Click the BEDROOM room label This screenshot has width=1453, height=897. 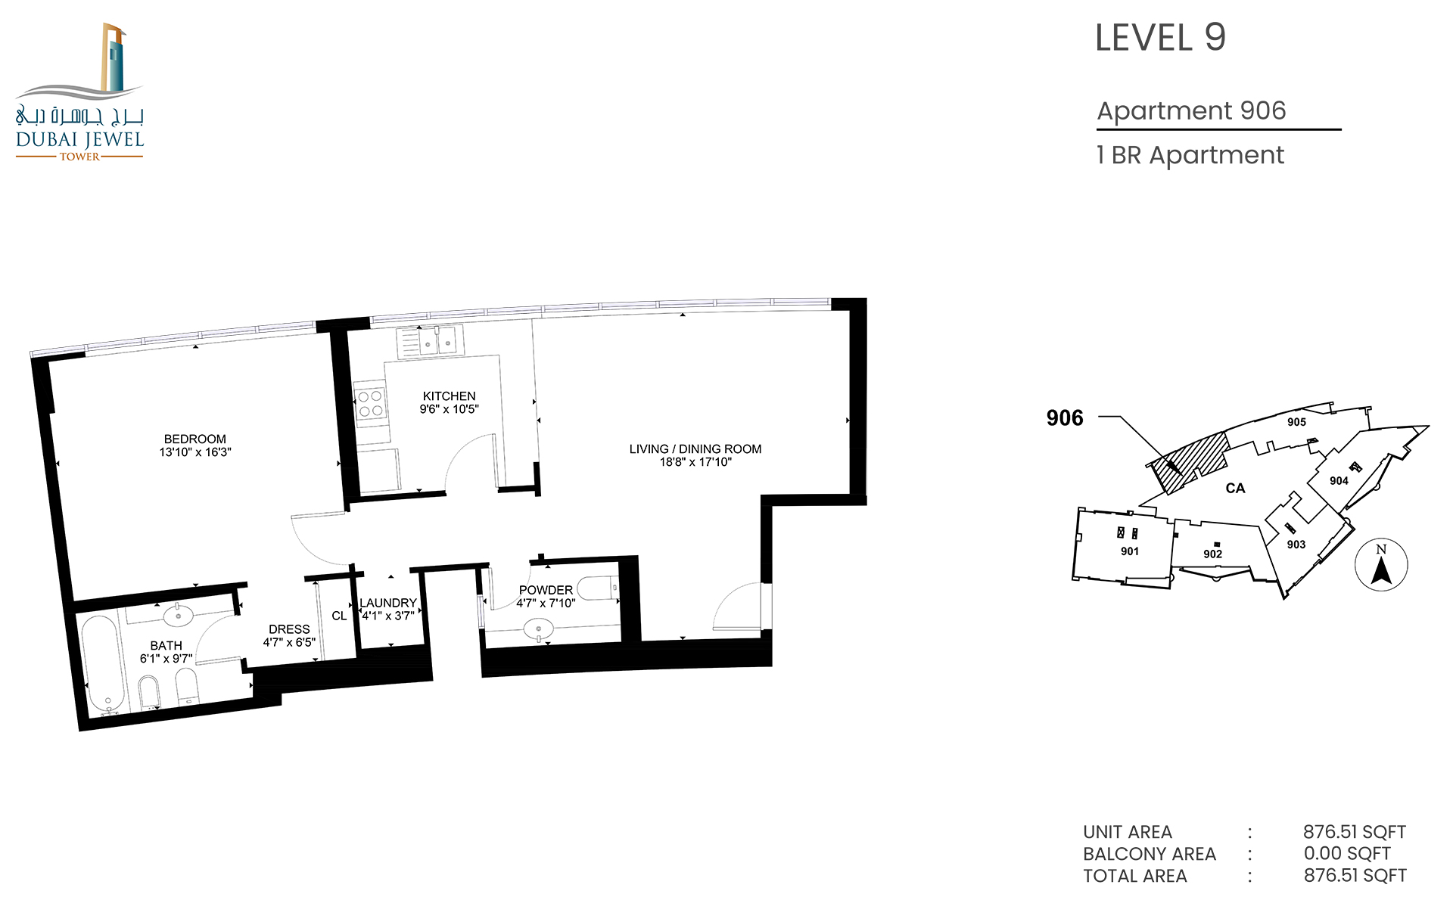195,439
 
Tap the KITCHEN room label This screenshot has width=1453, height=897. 450,396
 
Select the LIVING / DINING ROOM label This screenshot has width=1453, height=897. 695,448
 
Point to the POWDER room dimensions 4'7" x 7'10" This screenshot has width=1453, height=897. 546,604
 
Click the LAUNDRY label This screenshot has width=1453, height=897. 388,603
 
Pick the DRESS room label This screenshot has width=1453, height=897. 289,629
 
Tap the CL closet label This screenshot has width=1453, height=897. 339,616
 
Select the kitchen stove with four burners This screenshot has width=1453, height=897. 370,403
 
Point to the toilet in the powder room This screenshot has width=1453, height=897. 597,587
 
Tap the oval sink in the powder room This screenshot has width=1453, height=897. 539,629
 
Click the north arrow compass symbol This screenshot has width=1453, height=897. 1381,565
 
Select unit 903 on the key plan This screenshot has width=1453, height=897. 1296,545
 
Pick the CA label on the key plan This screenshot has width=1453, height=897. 1235,489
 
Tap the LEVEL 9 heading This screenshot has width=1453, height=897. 1160,38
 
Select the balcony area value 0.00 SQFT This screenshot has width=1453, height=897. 1347,854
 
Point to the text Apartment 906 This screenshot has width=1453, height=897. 1191,111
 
